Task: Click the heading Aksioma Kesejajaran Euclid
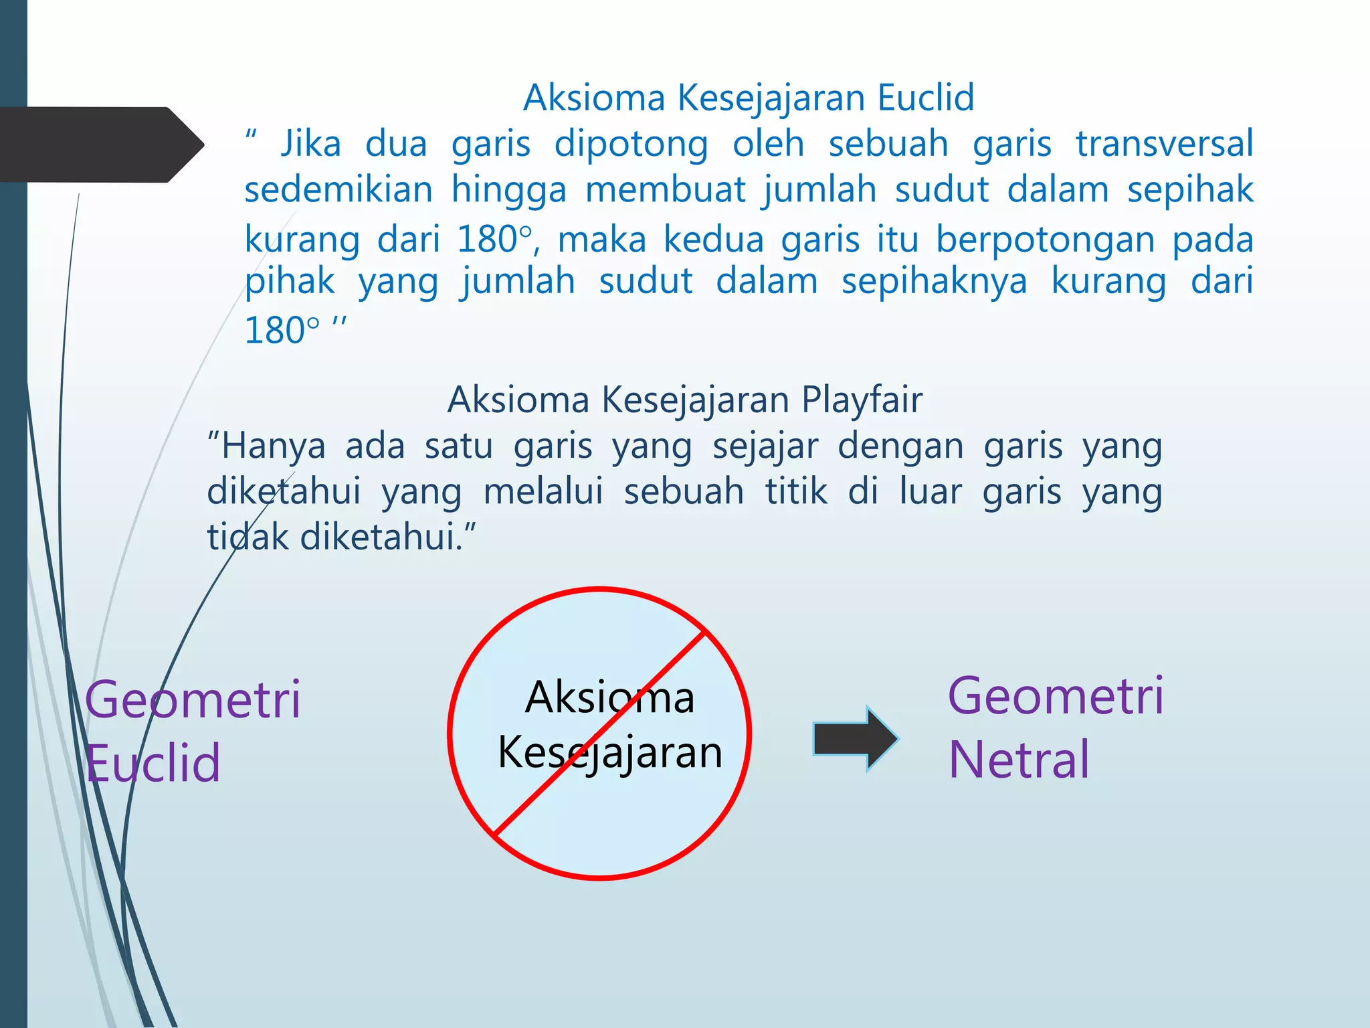pos(749,98)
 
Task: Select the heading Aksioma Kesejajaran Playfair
pos(684,400)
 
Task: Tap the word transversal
pos(1164,144)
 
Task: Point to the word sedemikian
pos(338,189)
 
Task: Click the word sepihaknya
pos(934,281)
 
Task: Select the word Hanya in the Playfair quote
pos(273,446)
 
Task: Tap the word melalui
pos(543,491)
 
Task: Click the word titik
pos(796,491)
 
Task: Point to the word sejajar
pos(765,447)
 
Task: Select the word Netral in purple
pos(1019,760)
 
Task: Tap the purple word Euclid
pos(153,763)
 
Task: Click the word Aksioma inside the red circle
pos(609,697)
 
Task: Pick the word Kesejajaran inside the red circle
pos(609,753)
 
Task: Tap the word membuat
pos(664,189)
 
